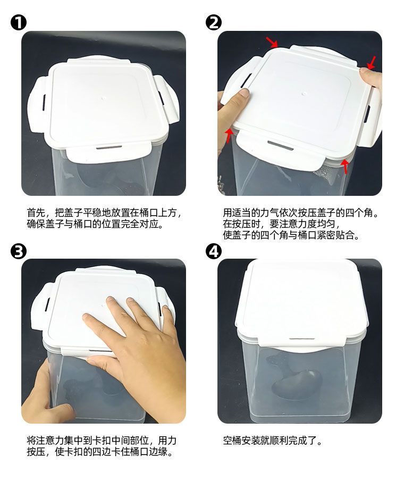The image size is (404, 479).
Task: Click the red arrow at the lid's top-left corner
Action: pos(272,42)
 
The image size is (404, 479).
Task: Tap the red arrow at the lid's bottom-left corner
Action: pos(229,136)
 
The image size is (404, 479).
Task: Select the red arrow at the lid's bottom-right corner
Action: pos(345,166)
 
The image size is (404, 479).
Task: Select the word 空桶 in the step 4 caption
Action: pos(232,441)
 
